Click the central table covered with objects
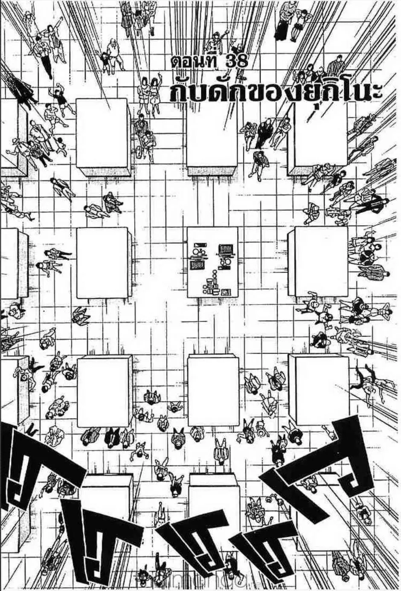212,262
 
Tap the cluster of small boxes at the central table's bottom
213,287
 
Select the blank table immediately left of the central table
102,262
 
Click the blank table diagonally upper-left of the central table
102,134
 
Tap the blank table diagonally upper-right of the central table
320,136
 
